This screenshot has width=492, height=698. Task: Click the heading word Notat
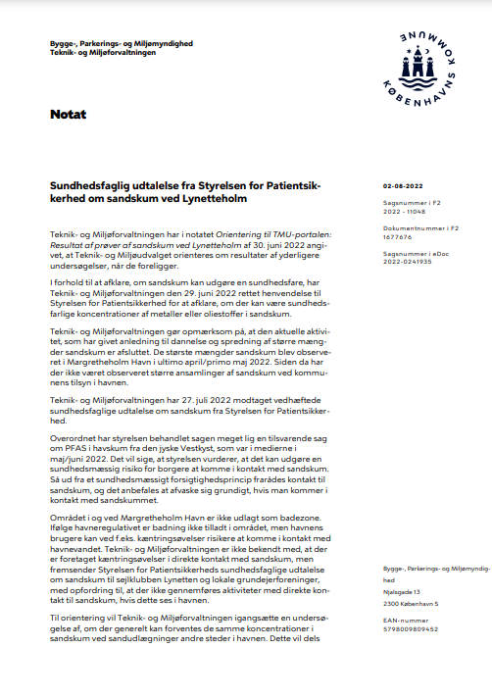(68, 115)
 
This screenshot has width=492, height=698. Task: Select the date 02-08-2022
(402, 185)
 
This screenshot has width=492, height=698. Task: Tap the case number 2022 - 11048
(403, 210)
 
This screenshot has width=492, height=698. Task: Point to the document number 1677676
(398, 236)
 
